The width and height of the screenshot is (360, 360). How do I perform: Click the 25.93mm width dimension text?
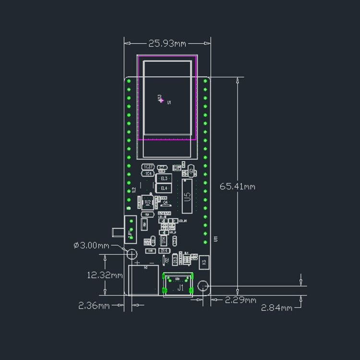[x=167, y=44]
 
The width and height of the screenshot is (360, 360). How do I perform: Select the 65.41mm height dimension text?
[x=237, y=186]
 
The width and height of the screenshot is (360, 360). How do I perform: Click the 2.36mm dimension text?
[x=95, y=305]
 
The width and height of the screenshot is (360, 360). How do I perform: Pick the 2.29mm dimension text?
[x=241, y=300]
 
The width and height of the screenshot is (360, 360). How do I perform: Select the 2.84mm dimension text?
[x=276, y=308]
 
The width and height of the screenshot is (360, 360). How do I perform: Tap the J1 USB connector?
[x=179, y=288]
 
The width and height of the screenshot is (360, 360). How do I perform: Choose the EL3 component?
[x=164, y=179]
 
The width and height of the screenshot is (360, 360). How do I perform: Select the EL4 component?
[x=164, y=188]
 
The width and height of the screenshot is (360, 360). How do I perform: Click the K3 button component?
[x=204, y=262]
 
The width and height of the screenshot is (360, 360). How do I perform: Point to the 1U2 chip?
[x=147, y=202]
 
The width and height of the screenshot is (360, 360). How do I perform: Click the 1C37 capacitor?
[x=148, y=167]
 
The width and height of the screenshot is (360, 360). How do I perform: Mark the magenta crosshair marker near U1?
[x=162, y=100]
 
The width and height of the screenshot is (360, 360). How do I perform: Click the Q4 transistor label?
[x=166, y=203]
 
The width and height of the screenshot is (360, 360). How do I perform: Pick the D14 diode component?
[x=164, y=250]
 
